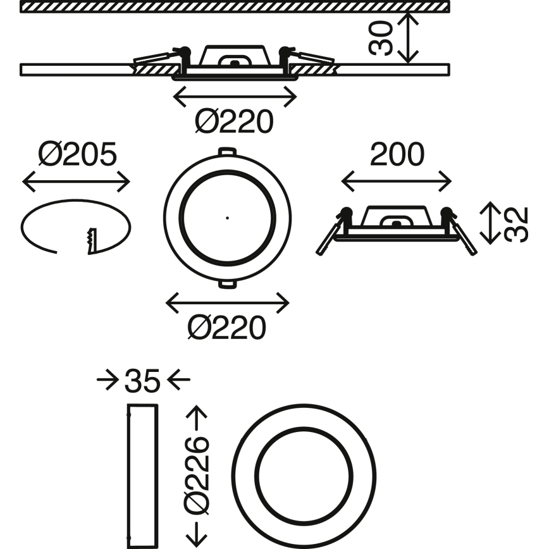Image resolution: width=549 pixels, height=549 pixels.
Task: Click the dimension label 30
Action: click(381, 38)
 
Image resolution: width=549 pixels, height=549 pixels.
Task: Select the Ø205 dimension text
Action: click(77, 154)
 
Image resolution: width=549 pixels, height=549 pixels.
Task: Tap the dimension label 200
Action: click(397, 154)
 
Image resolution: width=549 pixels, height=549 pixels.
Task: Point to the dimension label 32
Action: click(515, 224)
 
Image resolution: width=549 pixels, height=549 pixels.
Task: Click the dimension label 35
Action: click(142, 380)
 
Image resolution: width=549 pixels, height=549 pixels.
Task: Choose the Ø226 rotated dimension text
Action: click(197, 476)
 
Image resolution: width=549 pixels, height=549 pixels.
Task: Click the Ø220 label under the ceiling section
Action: click(234, 121)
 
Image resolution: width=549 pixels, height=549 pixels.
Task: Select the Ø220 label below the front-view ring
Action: click(227, 328)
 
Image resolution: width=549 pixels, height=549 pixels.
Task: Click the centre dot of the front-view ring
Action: click(227, 218)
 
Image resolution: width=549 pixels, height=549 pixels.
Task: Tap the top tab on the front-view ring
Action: click(227, 152)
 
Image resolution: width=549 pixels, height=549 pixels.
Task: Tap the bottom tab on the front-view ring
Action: click(227, 284)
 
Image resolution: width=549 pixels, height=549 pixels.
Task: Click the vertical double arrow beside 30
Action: click(408, 38)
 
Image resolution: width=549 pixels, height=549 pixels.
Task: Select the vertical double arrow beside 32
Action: click(490, 223)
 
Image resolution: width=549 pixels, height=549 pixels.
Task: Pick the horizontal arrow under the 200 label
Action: click(397, 182)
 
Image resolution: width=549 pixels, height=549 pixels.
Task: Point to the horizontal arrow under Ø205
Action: click(76, 182)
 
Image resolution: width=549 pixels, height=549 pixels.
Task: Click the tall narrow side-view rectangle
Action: click(142, 476)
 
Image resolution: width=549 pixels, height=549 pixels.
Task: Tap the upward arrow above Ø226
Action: click(197, 418)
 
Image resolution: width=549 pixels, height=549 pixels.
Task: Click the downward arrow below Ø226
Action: click(197, 535)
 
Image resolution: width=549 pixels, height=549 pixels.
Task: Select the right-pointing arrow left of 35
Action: click(108, 379)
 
